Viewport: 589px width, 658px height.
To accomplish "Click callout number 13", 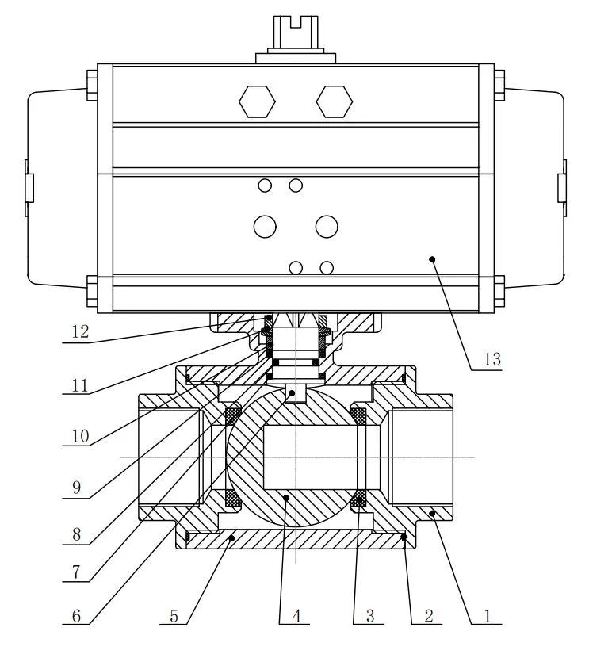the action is click(x=492, y=359).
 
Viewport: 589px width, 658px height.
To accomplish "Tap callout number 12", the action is click(x=80, y=331).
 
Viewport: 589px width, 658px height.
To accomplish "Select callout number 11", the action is click(x=80, y=384).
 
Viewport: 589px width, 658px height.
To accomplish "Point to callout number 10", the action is click(x=80, y=436).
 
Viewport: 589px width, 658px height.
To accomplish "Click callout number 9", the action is click(x=76, y=488).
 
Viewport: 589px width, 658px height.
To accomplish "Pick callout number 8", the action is click(x=76, y=534).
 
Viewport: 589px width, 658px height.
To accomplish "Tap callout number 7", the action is click(x=76, y=572).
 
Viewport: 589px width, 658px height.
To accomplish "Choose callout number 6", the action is click(x=76, y=616).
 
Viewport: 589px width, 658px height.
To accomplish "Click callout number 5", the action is click(x=174, y=616).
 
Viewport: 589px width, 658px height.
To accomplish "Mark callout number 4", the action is click(x=296, y=616).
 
